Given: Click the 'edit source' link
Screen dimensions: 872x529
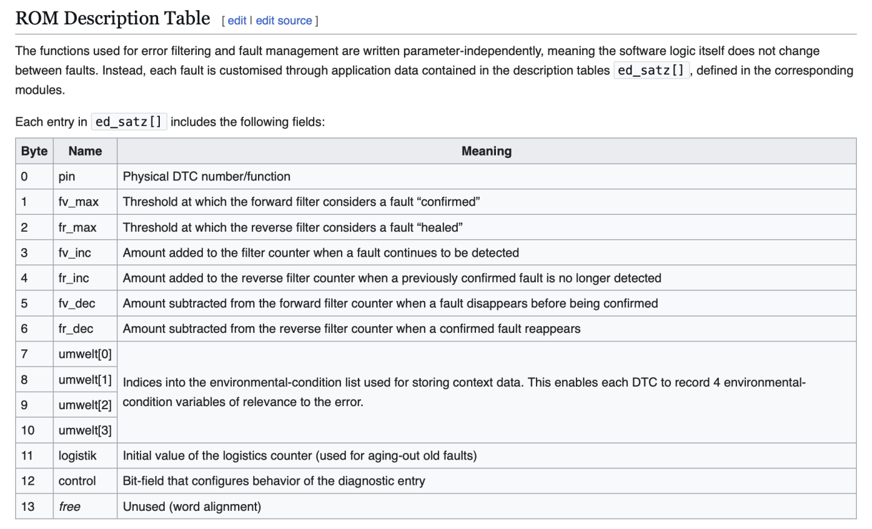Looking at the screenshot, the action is (283, 21).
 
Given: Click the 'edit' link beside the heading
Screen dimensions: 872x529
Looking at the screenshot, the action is (237, 21).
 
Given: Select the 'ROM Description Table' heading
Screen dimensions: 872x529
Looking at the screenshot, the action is (113, 18).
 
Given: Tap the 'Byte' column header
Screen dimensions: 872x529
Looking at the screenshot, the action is (34, 151).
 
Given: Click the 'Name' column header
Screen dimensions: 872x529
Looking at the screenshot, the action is (85, 151).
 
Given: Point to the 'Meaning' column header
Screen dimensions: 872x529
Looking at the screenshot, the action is (486, 151).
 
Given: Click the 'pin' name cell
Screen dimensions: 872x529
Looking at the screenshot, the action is (67, 177).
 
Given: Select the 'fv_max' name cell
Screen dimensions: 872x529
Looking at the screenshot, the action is (78, 202).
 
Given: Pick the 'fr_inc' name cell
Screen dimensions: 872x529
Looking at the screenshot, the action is (74, 278).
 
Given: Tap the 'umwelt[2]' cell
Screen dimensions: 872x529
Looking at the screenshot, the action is (85, 405).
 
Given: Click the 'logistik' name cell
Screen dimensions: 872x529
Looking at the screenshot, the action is (78, 456).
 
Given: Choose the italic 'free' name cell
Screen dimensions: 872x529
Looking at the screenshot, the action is (70, 507).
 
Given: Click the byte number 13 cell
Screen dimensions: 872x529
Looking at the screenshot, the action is (28, 507).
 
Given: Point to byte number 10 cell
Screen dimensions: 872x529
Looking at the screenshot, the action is (28, 430).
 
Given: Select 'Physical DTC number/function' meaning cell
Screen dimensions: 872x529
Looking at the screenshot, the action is (206, 177).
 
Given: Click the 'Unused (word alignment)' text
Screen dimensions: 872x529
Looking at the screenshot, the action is (192, 507).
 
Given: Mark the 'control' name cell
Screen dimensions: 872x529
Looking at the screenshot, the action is (77, 481).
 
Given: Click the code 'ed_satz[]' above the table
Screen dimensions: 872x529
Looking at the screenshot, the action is (128, 122).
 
